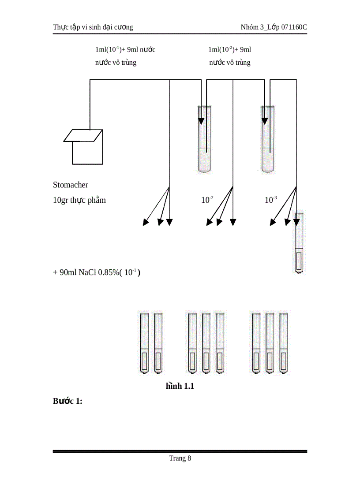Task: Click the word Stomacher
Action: [71, 185]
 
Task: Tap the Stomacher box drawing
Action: [86, 147]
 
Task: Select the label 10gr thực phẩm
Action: [79, 200]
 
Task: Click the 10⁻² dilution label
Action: [207, 200]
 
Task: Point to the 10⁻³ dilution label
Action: [270, 200]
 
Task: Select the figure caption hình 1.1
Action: [180, 387]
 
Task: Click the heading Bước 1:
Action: [68, 401]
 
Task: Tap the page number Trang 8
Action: [180, 458]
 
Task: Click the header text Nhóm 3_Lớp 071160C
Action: [274, 27]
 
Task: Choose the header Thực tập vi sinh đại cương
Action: [93, 27]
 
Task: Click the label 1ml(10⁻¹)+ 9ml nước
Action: [125, 49]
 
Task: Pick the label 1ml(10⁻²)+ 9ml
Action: [229, 49]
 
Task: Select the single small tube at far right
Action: [300, 243]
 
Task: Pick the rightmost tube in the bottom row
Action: [283, 343]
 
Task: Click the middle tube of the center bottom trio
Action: [206, 343]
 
